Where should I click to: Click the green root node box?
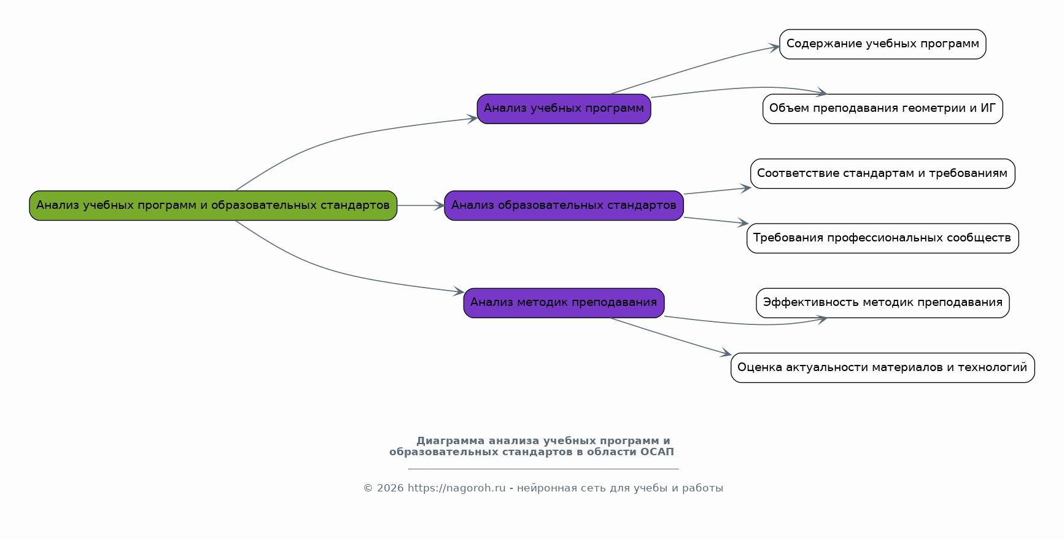[x=213, y=205]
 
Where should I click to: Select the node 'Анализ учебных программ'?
[x=564, y=109]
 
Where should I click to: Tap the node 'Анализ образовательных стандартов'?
[x=564, y=205]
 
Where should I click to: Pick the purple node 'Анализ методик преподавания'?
[x=564, y=302]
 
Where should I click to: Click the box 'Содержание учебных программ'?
[x=882, y=44]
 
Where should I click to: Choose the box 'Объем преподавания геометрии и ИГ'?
[x=882, y=109]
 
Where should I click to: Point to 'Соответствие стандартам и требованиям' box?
[x=882, y=173]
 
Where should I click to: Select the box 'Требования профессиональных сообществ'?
[x=882, y=238]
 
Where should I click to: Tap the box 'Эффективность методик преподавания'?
[x=882, y=302]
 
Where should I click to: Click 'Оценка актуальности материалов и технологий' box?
[x=882, y=367]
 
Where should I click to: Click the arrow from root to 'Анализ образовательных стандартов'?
[x=421, y=205]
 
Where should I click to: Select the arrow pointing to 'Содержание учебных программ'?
[x=694, y=68]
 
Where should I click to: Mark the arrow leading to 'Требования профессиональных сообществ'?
[x=715, y=221]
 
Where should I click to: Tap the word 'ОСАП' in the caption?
[x=657, y=452]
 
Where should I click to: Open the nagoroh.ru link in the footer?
[x=456, y=488]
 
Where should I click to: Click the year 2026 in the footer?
[x=390, y=488]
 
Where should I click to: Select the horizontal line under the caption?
[x=543, y=469]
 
